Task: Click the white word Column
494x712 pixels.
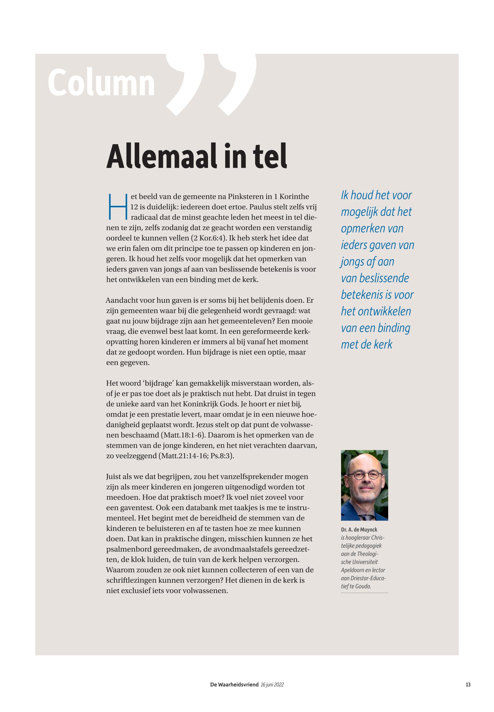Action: point(101,83)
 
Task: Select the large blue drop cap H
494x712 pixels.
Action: point(117,206)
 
